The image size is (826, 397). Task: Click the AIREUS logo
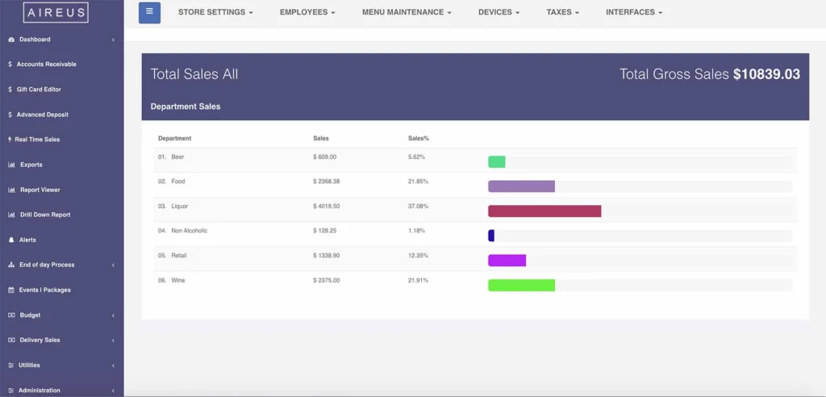pos(56,12)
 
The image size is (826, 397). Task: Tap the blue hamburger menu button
pos(149,13)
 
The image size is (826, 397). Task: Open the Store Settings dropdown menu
pos(215,13)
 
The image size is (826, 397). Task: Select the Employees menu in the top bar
pos(307,13)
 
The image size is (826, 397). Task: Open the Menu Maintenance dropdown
pos(407,13)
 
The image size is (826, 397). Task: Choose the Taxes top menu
pos(562,13)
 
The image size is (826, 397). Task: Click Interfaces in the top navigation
pos(634,13)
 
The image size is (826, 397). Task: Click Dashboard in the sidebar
pos(35,40)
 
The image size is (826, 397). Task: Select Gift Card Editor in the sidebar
pos(39,90)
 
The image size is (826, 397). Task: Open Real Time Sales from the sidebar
pos(37,140)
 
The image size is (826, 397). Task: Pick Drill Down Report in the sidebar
pos(44,215)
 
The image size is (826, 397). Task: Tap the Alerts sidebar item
pos(27,240)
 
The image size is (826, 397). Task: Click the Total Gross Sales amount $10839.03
pos(766,74)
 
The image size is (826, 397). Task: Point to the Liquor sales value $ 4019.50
pos(326,207)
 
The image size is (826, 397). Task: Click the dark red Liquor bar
pos(544,211)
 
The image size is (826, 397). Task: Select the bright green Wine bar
pos(521,285)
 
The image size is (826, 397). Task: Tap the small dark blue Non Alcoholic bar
pos(491,236)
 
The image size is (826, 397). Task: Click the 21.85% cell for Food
pos(418,182)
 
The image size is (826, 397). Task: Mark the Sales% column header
pos(418,139)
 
